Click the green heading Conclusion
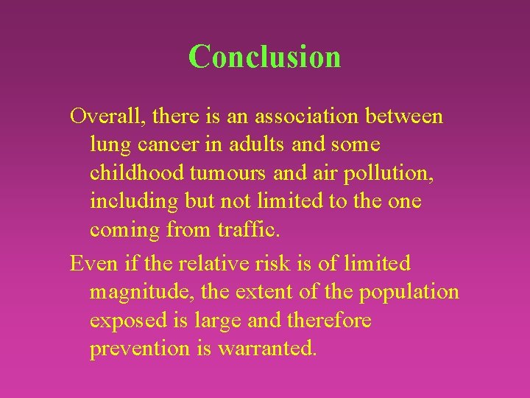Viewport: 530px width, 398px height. [264, 57]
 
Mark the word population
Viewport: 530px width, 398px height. [409, 292]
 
